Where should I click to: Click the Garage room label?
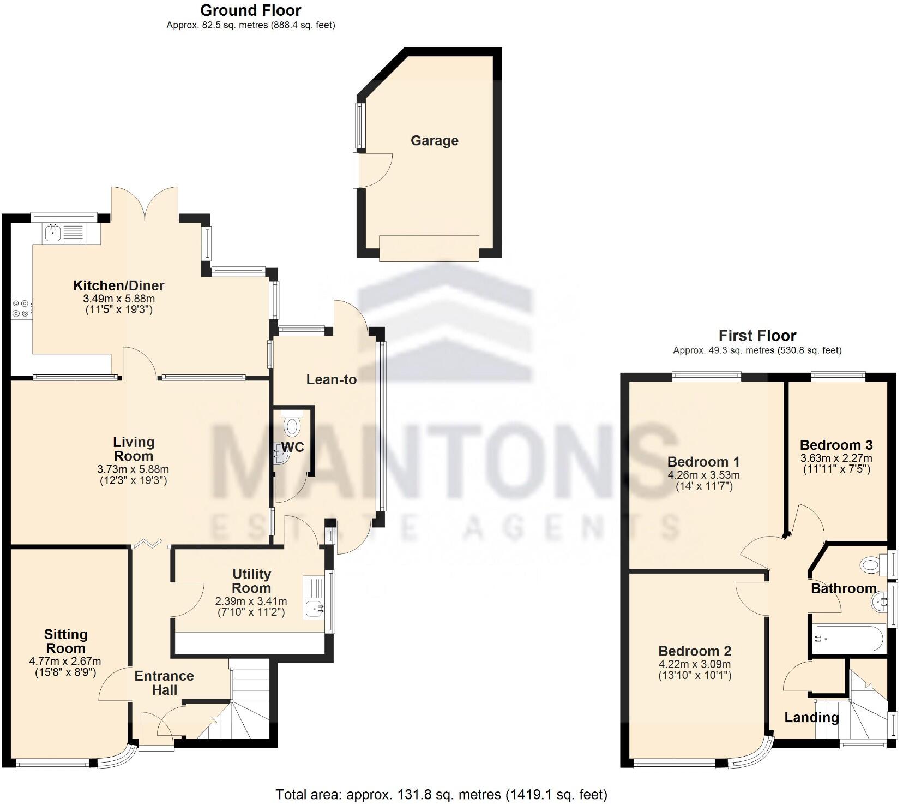pyautogui.click(x=434, y=141)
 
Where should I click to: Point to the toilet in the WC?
pyautogui.click(x=293, y=424)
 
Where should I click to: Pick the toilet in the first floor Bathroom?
pyautogui.click(x=871, y=564)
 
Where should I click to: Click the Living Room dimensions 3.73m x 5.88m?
pyautogui.click(x=133, y=469)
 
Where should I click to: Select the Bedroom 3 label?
pyautogui.click(x=836, y=445)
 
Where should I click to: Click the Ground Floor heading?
pyautogui.click(x=250, y=10)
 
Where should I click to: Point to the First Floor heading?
pyautogui.click(x=757, y=335)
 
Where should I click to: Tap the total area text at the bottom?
pyautogui.click(x=441, y=794)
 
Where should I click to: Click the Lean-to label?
pyautogui.click(x=331, y=379)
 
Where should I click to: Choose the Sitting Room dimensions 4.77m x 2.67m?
pyautogui.click(x=65, y=661)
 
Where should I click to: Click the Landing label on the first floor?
pyautogui.click(x=811, y=717)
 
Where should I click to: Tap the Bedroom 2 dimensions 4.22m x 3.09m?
pyautogui.click(x=694, y=664)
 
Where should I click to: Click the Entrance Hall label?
pyautogui.click(x=164, y=683)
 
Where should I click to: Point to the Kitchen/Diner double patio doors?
pyautogui.click(x=145, y=203)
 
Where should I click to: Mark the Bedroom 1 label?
pyautogui.click(x=703, y=462)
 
